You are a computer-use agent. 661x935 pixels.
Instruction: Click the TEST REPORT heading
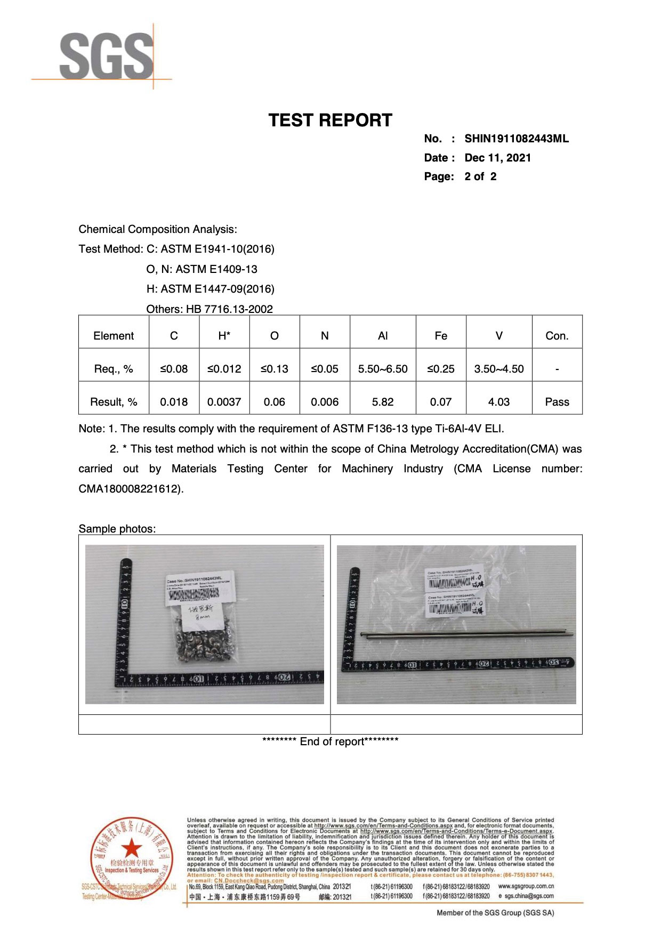tap(330, 120)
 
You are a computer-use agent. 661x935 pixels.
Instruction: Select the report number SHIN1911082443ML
tap(516, 139)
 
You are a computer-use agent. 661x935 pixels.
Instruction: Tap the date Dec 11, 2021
tap(497, 158)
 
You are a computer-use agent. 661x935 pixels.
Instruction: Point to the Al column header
tap(382, 336)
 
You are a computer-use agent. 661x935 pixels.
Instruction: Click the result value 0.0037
tap(224, 402)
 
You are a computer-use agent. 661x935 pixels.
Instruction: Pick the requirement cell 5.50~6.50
tap(382, 369)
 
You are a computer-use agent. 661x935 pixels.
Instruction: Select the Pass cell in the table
tap(557, 402)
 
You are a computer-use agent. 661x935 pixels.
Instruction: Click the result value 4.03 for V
tap(498, 402)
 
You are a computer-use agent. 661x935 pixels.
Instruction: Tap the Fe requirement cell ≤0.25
tap(440, 369)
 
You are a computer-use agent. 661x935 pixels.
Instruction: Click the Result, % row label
tap(114, 402)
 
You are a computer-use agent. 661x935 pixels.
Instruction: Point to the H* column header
tap(224, 336)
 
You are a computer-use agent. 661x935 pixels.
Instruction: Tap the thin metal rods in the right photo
tap(466, 634)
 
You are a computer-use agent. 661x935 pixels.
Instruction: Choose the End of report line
tap(330, 741)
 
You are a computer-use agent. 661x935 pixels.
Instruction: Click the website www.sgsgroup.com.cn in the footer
tap(526, 886)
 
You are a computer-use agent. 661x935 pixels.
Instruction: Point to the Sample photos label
tap(117, 529)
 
